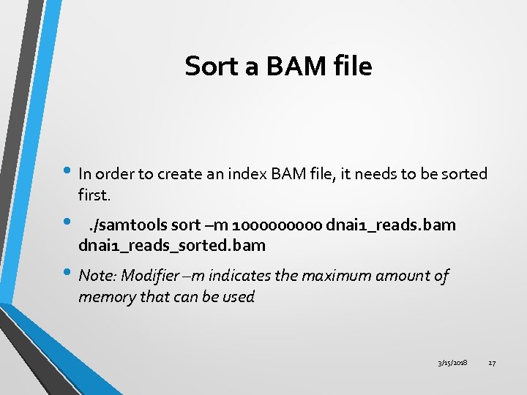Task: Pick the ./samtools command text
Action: (122, 223)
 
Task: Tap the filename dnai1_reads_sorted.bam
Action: (172, 245)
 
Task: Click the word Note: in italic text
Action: (97, 276)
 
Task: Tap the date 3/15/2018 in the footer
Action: (453, 363)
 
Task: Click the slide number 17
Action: (492, 363)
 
